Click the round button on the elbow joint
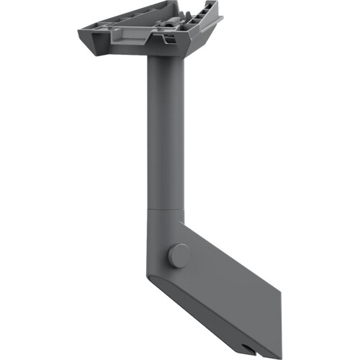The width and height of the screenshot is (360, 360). point(179,256)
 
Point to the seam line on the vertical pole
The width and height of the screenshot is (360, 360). point(166,207)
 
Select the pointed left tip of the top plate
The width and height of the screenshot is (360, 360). point(80,32)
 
